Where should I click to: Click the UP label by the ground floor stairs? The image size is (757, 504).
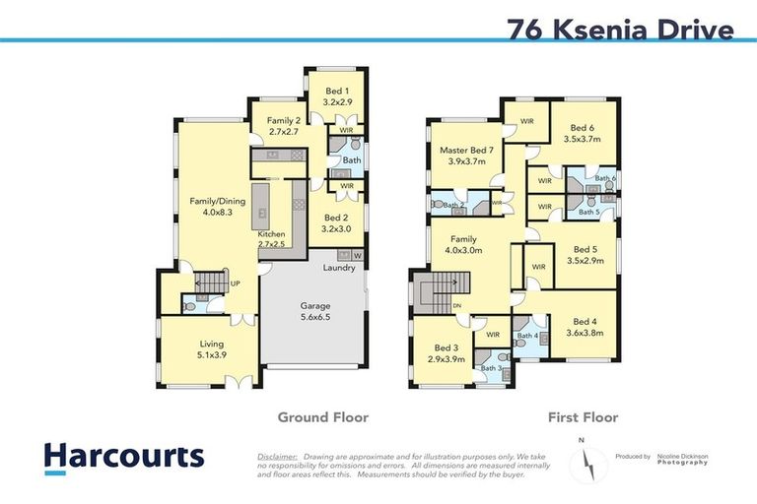(235, 283)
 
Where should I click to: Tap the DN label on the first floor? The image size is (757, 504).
(456, 306)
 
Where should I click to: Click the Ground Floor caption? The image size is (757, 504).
(322, 417)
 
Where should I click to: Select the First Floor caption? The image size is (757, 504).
(583, 417)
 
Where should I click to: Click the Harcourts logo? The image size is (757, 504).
(124, 457)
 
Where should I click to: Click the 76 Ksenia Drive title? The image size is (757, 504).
(620, 30)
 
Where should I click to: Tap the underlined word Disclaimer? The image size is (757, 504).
(277, 457)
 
